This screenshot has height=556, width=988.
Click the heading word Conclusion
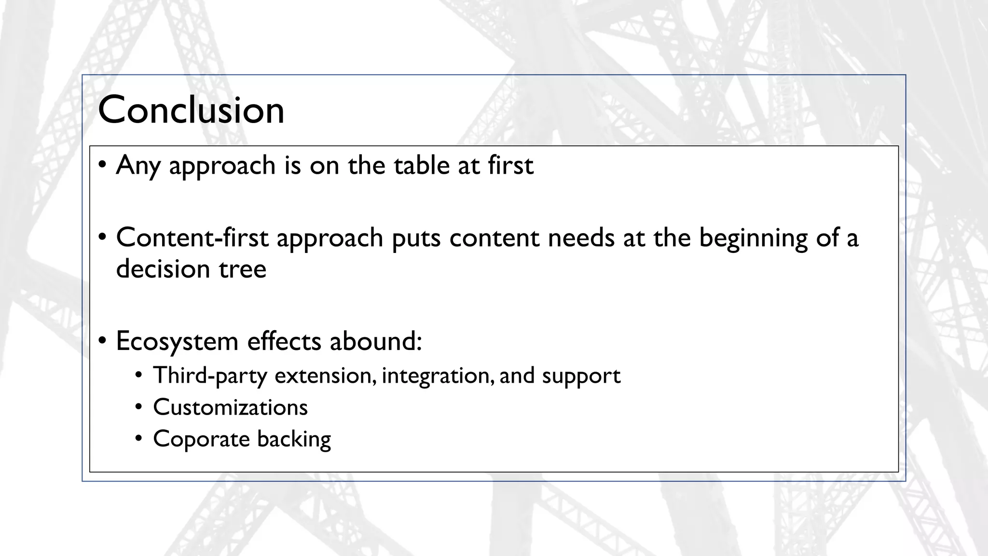click(x=191, y=110)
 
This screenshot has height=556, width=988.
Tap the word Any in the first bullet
click(x=138, y=166)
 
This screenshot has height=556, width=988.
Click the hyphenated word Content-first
click(x=192, y=237)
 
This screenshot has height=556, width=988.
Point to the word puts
click(x=416, y=238)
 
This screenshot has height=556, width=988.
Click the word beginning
click(x=753, y=238)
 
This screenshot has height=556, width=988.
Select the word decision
click(x=163, y=269)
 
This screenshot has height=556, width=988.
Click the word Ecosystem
click(x=177, y=342)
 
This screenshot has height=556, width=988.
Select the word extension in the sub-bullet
click(x=324, y=375)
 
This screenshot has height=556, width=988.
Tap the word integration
click(x=436, y=376)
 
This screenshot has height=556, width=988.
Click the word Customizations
click(x=230, y=407)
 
